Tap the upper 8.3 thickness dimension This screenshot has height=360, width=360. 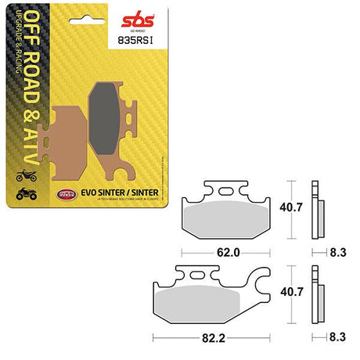coord(337,253)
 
